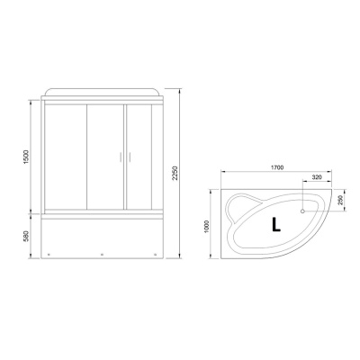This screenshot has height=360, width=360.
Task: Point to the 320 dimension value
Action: (x=316, y=178)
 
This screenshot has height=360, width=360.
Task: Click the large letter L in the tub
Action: (x=278, y=223)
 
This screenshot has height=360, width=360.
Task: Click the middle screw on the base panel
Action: (x=102, y=253)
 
